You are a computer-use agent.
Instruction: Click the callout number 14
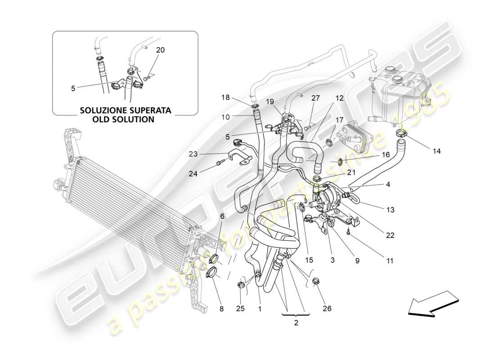pos(436,151)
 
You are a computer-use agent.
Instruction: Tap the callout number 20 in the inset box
pos(160,50)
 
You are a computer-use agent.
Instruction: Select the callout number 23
pos(193,154)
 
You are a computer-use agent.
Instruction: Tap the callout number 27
pos(315,98)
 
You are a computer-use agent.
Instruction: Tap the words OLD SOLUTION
pos(125,120)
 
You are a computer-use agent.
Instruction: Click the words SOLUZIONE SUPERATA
pos(125,110)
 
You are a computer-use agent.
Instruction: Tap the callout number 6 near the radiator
pos(222,216)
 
